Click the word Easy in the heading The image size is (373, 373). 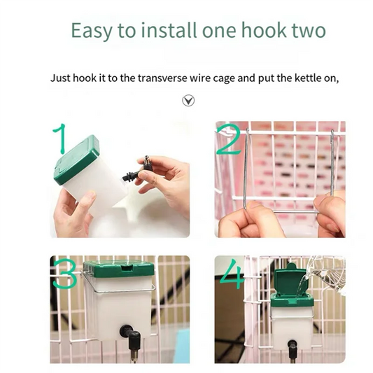pyautogui.click(x=92, y=31)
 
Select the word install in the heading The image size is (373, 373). pyautogui.click(x=169, y=30)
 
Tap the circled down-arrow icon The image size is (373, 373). pyautogui.click(x=188, y=101)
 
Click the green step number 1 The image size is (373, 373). pyautogui.click(x=59, y=138)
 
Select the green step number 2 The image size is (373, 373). pyautogui.click(x=229, y=141)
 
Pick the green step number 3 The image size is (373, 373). pyautogui.click(x=64, y=274)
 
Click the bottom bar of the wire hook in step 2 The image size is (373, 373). pyautogui.click(x=295, y=211)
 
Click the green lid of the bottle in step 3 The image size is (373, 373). pyautogui.click(x=117, y=269)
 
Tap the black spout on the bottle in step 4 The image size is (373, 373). pyautogui.click(x=292, y=348)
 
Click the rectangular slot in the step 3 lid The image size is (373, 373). pyautogui.click(x=127, y=268)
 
